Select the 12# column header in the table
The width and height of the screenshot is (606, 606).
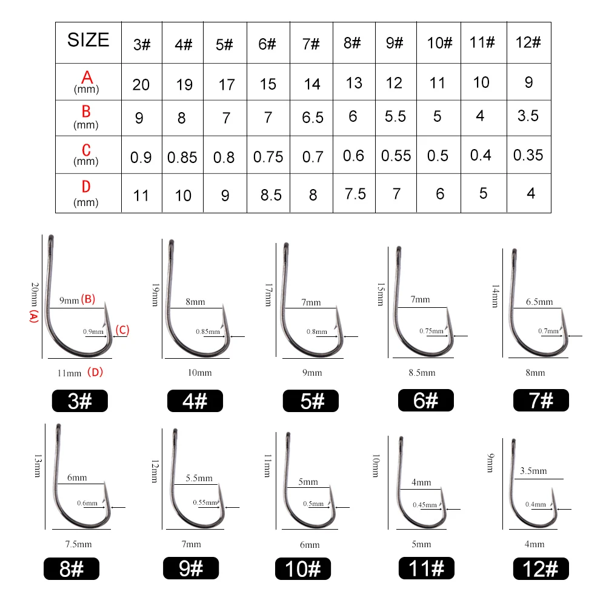[x=528, y=42]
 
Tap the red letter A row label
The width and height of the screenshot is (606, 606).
[x=87, y=78]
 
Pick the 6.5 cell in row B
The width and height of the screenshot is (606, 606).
[x=312, y=117]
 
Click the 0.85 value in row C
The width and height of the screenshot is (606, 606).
[x=182, y=158]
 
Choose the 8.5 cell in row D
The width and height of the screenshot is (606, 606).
[x=270, y=195]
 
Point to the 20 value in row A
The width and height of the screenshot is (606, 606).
[x=141, y=85]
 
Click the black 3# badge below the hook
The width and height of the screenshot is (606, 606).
[x=79, y=401]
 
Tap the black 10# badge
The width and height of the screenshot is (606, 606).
[x=302, y=569]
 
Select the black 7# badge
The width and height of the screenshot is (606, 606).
[x=541, y=401]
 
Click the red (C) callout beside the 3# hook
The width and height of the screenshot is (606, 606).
[x=122, y=330]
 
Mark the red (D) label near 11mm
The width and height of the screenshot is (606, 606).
[x=95, y=372]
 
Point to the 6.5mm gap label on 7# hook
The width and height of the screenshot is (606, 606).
[x=539, y=302]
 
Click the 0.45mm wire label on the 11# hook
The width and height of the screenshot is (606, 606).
[x=424, y=505]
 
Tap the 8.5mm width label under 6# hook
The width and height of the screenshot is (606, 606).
[x=422, y=373]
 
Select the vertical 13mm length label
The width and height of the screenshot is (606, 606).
[x=38, y=465]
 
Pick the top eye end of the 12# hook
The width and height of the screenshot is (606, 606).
[x=514, y=441]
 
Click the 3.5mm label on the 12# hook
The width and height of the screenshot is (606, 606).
[x=533, y=471]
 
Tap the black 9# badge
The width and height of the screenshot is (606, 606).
[x=191, y=568]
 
